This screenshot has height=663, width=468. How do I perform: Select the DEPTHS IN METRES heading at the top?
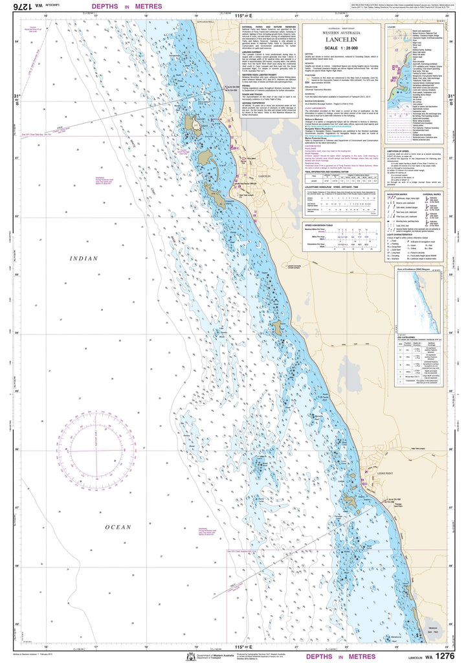pos(127,7)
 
